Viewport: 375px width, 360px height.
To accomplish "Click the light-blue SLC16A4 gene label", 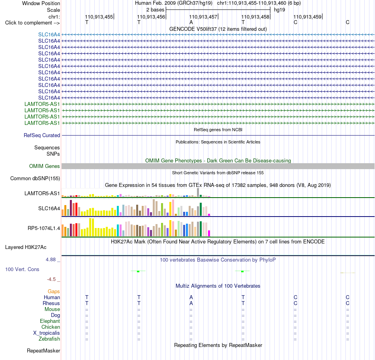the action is [49, 34].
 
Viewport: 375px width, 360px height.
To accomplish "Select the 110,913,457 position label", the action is [203, 17].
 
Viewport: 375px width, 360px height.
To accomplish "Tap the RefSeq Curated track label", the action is [42, 135].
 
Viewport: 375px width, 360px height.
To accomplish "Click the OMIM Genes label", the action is [45, 166].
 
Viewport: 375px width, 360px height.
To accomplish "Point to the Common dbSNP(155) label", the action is [35, 178].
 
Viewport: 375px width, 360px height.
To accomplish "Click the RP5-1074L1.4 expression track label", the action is [44, 228].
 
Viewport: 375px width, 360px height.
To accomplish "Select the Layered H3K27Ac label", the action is [26, 247].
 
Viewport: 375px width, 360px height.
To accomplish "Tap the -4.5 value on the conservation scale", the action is [51, 279].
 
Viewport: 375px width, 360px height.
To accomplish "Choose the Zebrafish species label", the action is [49, 339].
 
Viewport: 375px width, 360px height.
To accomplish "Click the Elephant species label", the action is [50, 321].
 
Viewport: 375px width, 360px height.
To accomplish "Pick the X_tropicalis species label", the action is [47, 333].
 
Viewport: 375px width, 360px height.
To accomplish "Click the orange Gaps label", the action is [54, 291].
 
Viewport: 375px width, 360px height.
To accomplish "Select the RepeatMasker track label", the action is [43, 351].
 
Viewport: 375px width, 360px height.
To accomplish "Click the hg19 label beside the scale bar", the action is [279, 10].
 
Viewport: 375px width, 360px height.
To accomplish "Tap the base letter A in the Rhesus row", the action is [191, 303].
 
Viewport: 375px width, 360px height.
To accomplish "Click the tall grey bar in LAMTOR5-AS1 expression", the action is [198, 192].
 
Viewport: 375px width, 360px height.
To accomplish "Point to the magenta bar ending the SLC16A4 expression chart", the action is [209, 215].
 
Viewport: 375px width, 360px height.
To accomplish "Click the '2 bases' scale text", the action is [156, 10].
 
